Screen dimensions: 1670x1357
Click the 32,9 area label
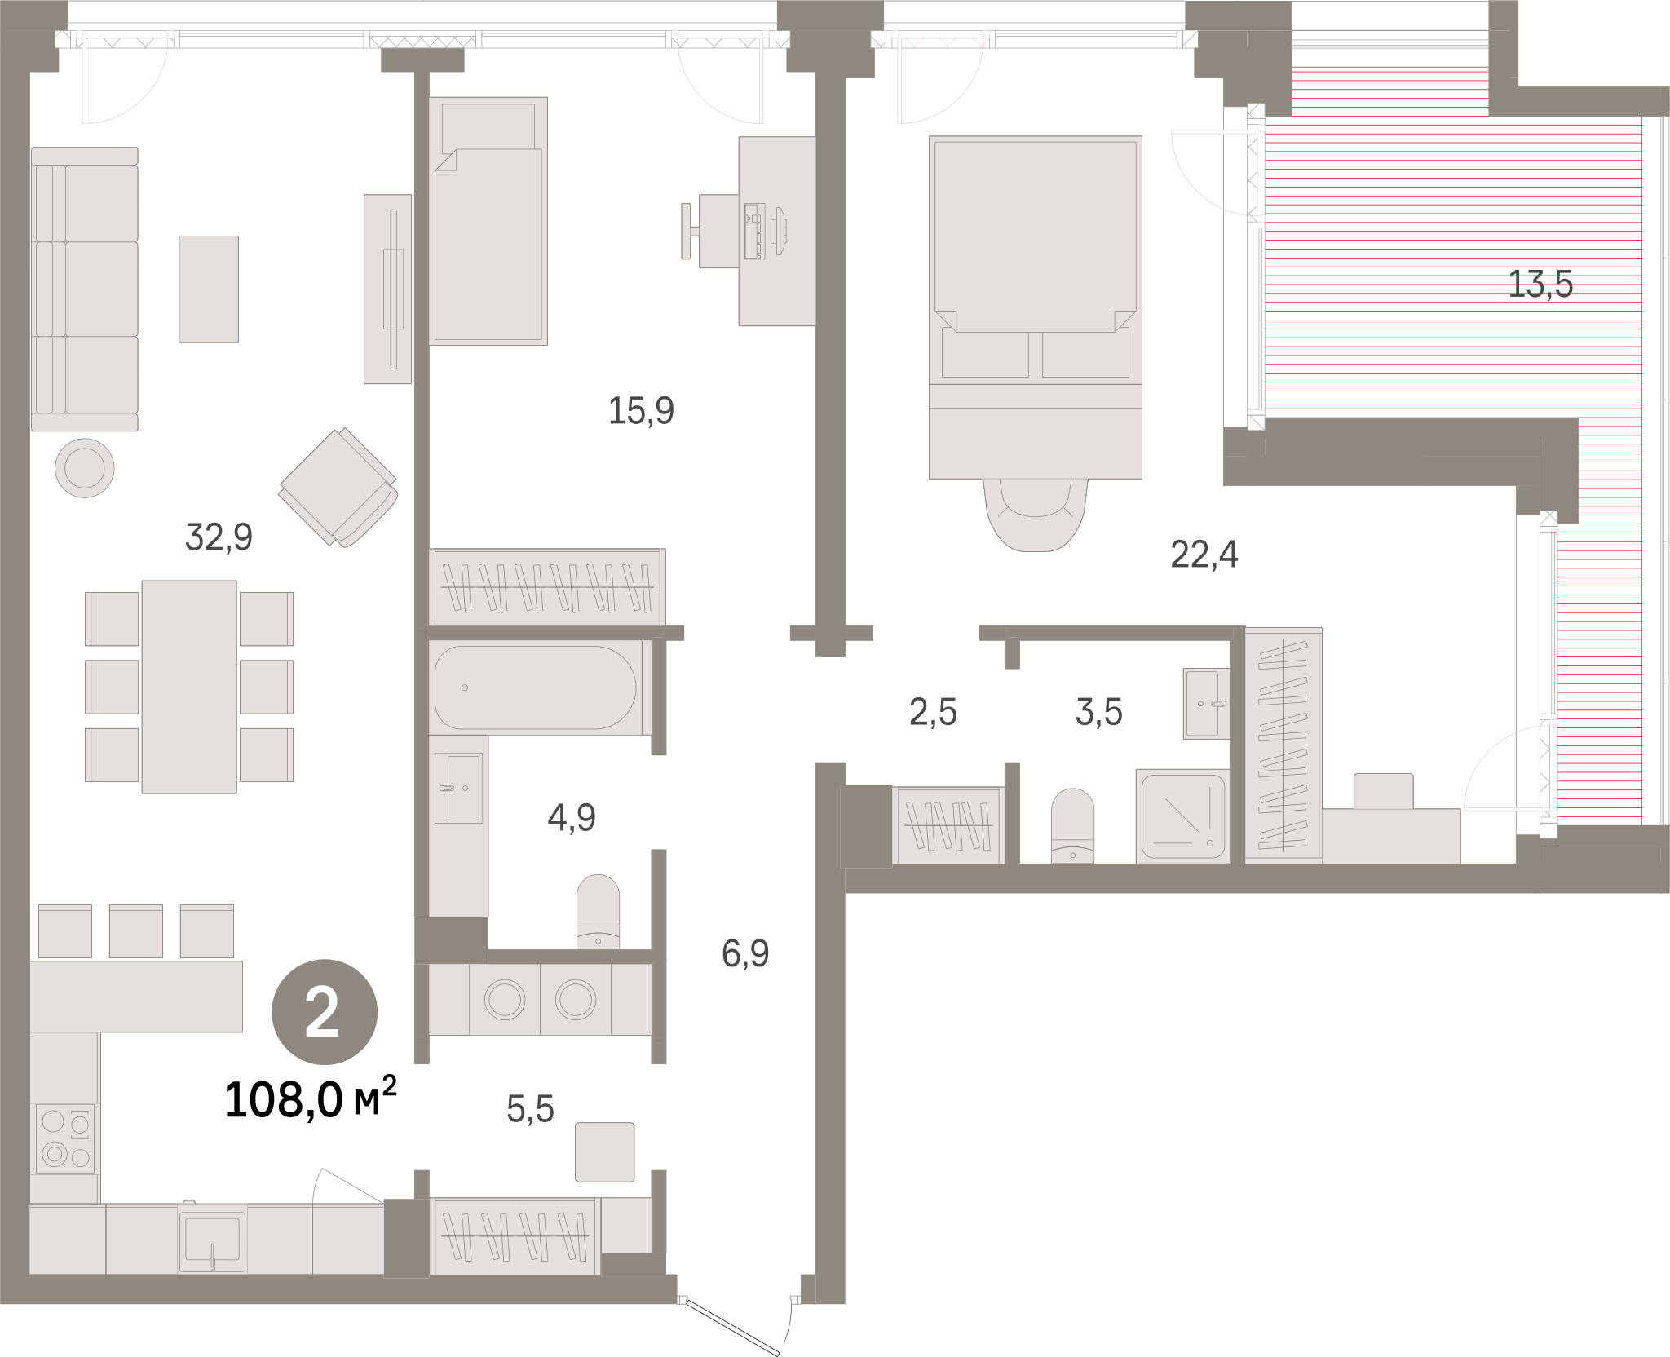coord(219,537)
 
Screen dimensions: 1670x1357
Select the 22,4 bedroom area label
coord(1204,555)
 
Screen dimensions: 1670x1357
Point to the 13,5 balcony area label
coord(1540,285)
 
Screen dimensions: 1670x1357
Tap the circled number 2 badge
coord(324,1012)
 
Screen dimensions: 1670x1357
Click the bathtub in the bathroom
coord(535,687)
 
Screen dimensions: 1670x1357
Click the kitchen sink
coord(213,1238)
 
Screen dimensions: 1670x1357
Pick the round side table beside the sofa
coord(85,468)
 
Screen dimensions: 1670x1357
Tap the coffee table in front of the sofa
coord(209,289)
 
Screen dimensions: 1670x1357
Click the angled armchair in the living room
coord(338,487)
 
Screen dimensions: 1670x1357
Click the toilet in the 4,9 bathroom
coord(598,912)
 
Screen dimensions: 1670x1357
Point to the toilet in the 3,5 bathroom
coord(1072,824)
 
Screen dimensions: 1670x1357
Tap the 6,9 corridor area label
coord(745,953)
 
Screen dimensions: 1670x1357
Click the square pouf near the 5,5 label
coord(604,1151)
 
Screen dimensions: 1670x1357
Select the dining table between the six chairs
coord(189,687)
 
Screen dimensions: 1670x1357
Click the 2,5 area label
coord(933,712)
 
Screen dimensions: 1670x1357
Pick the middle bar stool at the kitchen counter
coord(136,930)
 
